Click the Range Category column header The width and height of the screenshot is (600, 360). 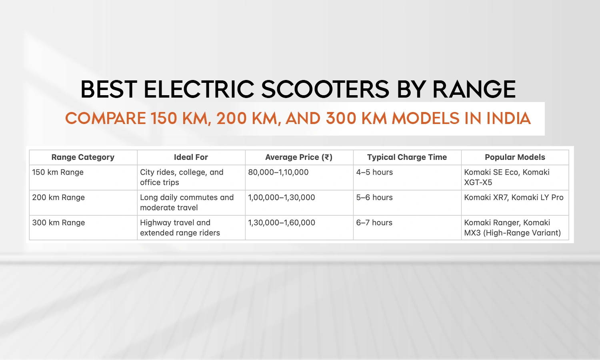[x=83, y=157]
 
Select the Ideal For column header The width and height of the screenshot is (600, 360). [x=191, y=157]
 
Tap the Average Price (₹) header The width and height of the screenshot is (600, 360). [x=299, y=157]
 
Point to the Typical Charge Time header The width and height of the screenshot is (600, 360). [x=407, y=157]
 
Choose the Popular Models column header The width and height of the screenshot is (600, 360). [x=515, y=157]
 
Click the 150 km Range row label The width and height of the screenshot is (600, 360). [x=58, y=172]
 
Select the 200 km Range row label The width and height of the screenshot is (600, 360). [x=58, y=198]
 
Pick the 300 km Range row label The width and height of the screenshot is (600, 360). [x=58, y=223]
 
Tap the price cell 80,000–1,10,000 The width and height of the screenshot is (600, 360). [x=278, y=172]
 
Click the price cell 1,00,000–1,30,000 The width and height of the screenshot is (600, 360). [x=282, y=198]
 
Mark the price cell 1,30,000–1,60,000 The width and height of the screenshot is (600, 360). [x=282, y=223]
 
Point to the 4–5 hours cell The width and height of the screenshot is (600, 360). [x=374, y=172]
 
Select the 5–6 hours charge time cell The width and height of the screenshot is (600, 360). [x=374, y=198]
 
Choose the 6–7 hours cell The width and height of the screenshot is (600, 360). [x=374, y=223]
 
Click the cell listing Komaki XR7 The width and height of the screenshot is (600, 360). [x=514, y=198]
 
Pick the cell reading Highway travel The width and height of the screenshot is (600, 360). [x=180, y=228]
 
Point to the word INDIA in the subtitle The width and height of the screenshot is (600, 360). [x=508, y=118]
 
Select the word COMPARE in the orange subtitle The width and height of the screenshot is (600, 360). [x=106, y=118]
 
